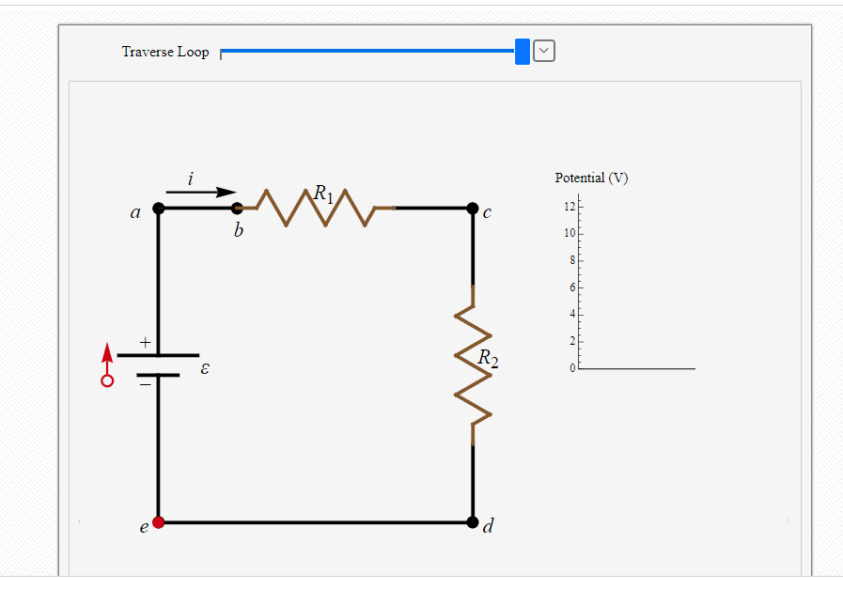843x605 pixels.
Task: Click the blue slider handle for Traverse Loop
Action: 523,52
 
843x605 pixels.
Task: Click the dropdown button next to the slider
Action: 544,52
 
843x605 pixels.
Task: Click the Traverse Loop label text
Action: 165,52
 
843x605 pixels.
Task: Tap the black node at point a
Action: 158,208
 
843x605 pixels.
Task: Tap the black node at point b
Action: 238,208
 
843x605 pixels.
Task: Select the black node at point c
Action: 472,208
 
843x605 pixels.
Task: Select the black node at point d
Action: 472,521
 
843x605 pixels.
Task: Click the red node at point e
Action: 158,521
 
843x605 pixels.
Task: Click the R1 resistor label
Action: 323,194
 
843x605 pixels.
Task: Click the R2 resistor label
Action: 487,358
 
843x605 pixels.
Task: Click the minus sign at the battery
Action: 145,383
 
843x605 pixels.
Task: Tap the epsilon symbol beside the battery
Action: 205,370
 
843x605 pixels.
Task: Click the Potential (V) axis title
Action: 591,178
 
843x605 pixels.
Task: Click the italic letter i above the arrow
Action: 192,178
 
